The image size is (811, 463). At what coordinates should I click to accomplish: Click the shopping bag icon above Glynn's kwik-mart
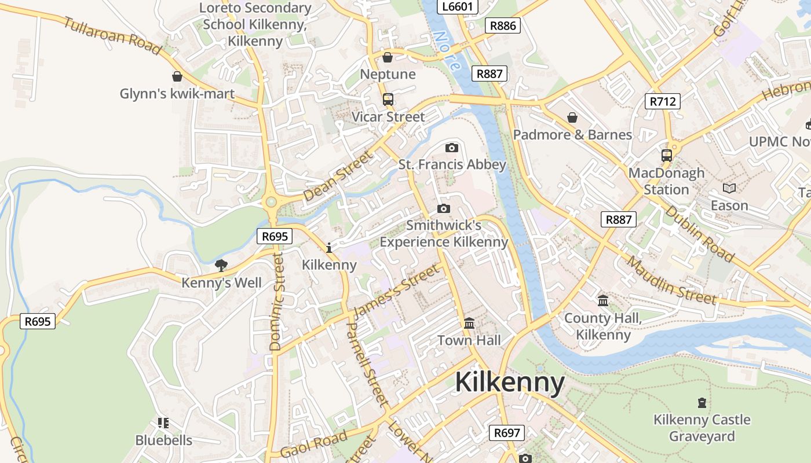coord(177,76)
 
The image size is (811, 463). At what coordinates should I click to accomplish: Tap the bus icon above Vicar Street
coord(388,100)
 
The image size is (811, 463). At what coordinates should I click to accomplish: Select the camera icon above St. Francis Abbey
coord(452,148)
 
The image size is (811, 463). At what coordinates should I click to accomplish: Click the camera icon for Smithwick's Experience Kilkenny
coord(444,208)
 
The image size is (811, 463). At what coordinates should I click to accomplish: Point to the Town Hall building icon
coord(469,323)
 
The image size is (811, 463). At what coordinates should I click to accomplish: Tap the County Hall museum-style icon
coord(603,301)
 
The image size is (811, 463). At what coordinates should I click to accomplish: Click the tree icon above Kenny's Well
coord(221,266)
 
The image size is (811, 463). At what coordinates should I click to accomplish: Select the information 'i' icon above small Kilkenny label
coord(329,248)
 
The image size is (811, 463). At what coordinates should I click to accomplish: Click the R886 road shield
coord(502,25)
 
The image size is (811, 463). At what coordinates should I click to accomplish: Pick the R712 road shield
coord(663,101)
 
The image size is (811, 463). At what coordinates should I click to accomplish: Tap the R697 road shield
coord(507,432)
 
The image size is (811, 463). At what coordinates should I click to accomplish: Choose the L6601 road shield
coord(458,7)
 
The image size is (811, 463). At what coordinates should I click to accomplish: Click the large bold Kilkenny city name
coord(510,383)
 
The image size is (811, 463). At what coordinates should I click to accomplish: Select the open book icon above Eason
coord(729,189)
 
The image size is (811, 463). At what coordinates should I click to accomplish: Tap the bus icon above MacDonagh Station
coord(667,156)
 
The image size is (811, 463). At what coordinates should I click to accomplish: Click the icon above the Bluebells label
coord(163,424)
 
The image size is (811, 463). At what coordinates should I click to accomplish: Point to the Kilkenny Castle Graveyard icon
coord(702,403)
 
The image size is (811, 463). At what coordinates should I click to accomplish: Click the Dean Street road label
coord(337,176)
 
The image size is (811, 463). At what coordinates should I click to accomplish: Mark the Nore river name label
coord(446,49)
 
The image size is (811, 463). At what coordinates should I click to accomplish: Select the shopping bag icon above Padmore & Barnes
coord(572,117)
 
